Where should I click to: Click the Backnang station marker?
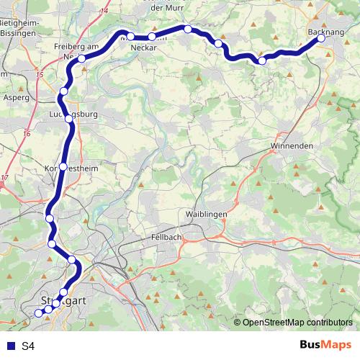(x=321, y=39)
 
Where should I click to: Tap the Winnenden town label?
(x=292, y=146)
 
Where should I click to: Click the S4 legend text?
(x=28, y=346)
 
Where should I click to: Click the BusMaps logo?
(x=325, y=346)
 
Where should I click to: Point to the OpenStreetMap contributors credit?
(x=298, y=322)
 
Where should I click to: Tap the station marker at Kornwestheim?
(x=63, y=166)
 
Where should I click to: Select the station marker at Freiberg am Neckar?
(x=82, y=58)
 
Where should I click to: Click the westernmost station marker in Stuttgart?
(x=39, y=313)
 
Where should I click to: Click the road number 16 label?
(x=27, y=133)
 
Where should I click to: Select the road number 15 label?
(x=39, y=75)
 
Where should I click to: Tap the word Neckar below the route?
(x=144, y=48)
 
